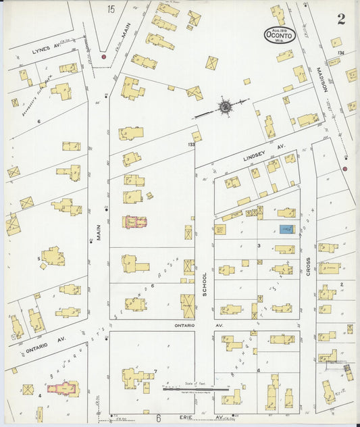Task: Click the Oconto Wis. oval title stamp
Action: click(x=279, y=34)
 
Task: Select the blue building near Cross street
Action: click(x=286, y=230)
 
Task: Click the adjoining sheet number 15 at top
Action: click(x=110, y=9)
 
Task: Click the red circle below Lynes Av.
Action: click(x=103, y=57)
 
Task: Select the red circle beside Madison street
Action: click(x=345, y=169)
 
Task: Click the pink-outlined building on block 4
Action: click(x=62, y=388)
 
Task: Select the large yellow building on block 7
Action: click(x=137, y=377)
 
